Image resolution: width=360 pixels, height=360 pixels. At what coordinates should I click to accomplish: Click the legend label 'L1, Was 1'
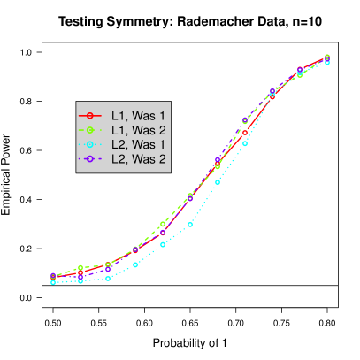[139, 116]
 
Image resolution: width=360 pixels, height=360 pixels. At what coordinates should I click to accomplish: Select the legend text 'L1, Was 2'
[139, 130]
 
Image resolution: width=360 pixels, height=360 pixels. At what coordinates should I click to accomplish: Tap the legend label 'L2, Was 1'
[139, 144]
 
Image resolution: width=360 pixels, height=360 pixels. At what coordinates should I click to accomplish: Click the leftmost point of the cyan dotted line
[53, 283]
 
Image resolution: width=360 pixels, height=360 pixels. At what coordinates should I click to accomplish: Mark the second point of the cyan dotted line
[80, 281]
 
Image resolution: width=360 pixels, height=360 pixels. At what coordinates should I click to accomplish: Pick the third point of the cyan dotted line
[108, 279]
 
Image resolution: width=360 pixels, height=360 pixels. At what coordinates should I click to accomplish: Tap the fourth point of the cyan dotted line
[135, 264]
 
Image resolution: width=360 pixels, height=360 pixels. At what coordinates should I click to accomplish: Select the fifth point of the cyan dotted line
[163, 244]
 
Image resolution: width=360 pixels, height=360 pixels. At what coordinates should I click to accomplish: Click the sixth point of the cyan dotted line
[190, 225]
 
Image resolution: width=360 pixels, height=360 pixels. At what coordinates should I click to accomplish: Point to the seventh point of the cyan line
[218, 182]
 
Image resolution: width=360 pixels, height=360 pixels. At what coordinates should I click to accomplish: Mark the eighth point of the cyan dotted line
[245, 143]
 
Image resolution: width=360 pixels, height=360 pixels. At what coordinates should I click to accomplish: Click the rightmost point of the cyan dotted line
[327, 63]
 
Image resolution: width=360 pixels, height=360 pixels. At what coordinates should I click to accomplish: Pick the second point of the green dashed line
[80, 267]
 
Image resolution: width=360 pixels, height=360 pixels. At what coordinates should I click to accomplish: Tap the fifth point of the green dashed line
[163, 225]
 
